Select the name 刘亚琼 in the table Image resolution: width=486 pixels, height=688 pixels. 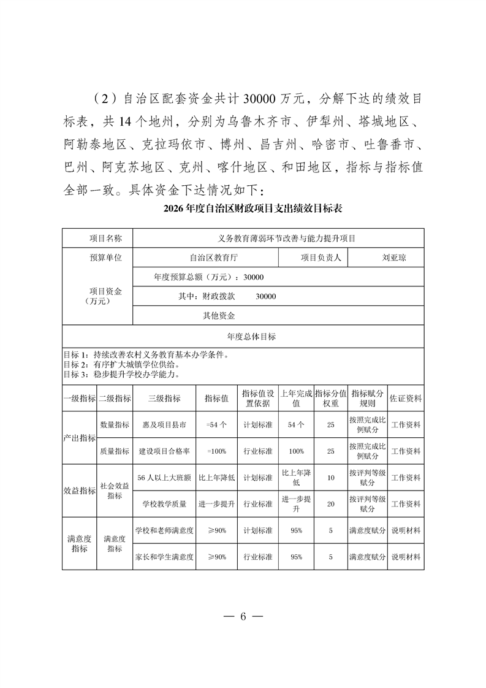click(x=393, y=258)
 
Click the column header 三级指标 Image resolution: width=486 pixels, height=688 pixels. click(x=164, y=398)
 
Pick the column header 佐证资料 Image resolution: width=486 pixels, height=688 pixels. click(x=406, y=398)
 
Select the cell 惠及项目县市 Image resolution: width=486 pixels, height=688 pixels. click(x=164, y=424)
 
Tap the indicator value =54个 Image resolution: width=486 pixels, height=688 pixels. click(x=216, y=424)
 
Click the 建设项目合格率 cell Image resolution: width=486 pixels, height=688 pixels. click(x=164, y=451)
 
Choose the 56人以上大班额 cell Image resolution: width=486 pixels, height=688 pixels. click(x=164, y=478)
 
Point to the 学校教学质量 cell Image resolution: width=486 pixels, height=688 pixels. click(x=164, y=504)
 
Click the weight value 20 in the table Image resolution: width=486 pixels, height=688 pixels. click(x=331, y=504)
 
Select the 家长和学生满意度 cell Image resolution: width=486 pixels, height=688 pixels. click(x=164, y=557)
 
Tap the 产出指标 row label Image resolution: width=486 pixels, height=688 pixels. click(x=80, y=438)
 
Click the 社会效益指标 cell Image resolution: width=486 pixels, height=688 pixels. click(x=115, y=491)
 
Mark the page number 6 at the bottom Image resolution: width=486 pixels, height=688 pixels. click(x=243, y=617)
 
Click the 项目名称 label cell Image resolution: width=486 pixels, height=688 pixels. click(x=105, y=238)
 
